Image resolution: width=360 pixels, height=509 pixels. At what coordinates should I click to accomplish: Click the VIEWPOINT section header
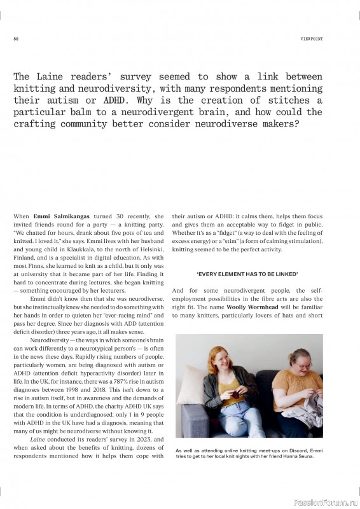pyautogui.click(x=312, y=39)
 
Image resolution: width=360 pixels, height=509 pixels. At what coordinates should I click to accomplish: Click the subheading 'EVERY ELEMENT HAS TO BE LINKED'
pyautogui.click(x=247, y=274)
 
